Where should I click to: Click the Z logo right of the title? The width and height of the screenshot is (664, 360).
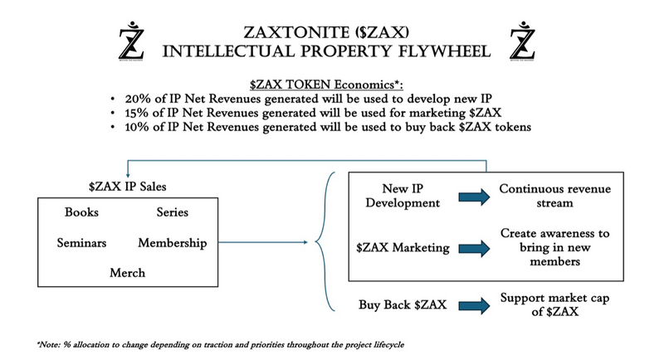[x=524, y=41]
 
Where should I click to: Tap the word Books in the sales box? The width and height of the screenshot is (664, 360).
[x=81, y=212]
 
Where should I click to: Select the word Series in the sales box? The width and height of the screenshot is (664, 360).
[x=172, y=212]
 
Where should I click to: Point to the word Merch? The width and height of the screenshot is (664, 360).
[x=127, y=272]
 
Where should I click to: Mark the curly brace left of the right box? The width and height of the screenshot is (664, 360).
[x=325, y=242]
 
